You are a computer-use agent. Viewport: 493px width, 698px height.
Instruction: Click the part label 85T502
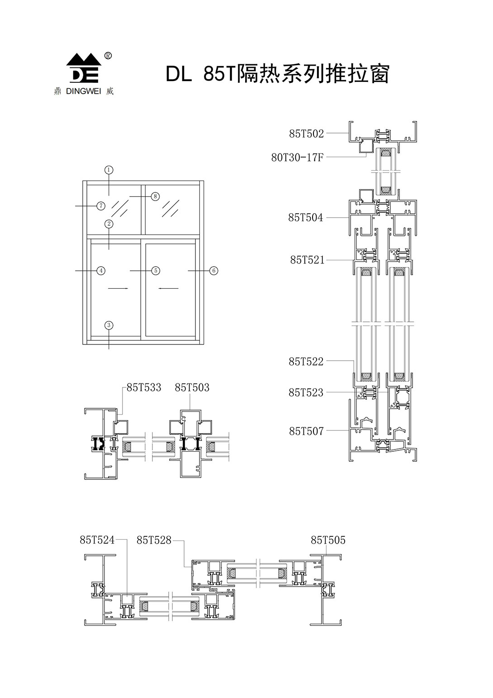coord(306,134)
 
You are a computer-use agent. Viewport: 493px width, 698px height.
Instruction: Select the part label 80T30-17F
coord(297,158)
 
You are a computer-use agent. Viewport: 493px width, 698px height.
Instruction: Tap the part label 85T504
coord(306,218)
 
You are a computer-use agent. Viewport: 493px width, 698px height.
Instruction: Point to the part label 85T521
coord(307,260)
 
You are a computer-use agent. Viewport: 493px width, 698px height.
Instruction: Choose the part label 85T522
coord(306,362)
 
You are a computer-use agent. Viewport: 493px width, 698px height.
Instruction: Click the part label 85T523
coord(306,392)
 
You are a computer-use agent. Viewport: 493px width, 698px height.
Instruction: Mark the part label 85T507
coord(306,431)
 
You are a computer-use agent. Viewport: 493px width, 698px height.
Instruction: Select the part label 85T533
coord(144,388)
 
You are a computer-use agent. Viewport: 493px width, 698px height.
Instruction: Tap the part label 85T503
coord(192,388)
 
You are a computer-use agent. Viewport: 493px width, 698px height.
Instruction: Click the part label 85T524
coord(97,540)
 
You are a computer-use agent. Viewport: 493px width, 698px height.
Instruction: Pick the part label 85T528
coord(154,540)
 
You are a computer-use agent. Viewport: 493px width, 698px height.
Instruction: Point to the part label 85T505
coord(328,540)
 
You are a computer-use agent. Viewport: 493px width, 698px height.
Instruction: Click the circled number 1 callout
coord(109,170)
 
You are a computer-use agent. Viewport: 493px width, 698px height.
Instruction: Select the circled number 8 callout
coord(155,196)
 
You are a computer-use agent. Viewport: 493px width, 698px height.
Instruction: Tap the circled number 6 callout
coord(214,271)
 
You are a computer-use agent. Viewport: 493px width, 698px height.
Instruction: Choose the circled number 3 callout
coord(109,325)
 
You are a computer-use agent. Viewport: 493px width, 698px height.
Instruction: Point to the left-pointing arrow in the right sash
coord(168,288)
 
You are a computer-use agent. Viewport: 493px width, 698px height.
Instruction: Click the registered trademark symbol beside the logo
coord(108,56)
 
